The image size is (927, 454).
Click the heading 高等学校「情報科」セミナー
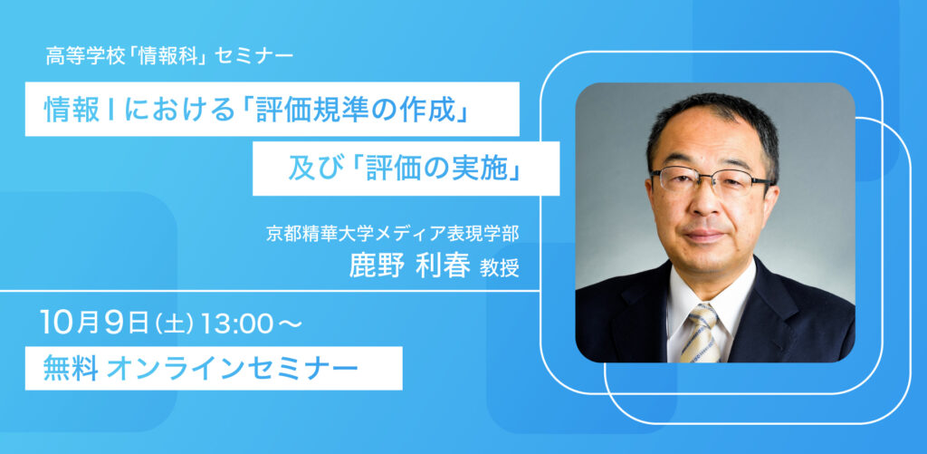169,56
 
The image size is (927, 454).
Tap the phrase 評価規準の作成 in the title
353,110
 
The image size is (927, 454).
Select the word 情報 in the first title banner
72,110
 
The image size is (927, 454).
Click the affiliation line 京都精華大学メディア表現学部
393,234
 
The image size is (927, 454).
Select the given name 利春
443,266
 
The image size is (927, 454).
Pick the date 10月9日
94,323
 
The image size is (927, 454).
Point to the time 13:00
236,324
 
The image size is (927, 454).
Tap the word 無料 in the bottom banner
71,369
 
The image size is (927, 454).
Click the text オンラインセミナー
233,369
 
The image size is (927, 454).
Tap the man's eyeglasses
712,179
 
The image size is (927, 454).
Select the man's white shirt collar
710,296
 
